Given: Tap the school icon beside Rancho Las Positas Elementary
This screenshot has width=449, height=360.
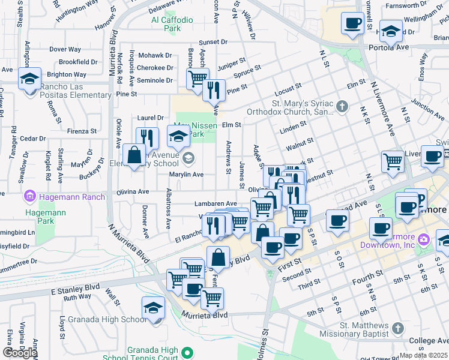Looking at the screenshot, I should click(29, 79).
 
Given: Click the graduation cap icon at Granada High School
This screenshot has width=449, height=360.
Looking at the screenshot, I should click(153, 309).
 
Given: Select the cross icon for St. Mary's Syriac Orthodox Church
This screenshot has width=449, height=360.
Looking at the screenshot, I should click(342, 107).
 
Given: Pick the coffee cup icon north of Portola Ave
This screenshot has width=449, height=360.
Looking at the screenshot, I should click(352, 25).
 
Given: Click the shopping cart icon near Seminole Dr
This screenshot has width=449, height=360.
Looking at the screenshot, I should click(196, 79).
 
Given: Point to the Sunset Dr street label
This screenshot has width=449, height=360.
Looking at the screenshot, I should click(214, 43).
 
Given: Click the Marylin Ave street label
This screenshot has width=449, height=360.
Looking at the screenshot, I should click(187, 175).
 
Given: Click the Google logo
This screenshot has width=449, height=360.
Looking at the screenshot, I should click(20, 352).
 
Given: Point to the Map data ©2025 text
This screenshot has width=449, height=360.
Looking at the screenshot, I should click(424, 355).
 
